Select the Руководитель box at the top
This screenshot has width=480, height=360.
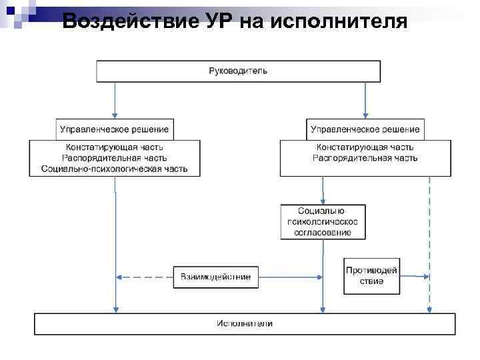(238, 71)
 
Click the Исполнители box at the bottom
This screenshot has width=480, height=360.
(245, 324)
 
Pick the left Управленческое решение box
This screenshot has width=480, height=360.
(114, 129)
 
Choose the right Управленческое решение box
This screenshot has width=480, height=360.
(365, 129)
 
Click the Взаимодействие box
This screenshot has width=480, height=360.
(216, 277)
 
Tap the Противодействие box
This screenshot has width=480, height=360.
(372, 276)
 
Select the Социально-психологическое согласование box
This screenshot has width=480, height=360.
(323, 221)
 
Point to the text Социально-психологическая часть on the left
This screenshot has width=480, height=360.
(114, 169)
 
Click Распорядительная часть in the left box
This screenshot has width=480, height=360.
(114, 159)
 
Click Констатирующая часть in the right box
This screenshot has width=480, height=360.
(365, 147)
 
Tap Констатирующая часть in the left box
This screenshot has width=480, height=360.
(114, 147)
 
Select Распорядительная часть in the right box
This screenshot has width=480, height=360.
(365, 159)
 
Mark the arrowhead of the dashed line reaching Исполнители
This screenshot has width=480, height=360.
(429, 310)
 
